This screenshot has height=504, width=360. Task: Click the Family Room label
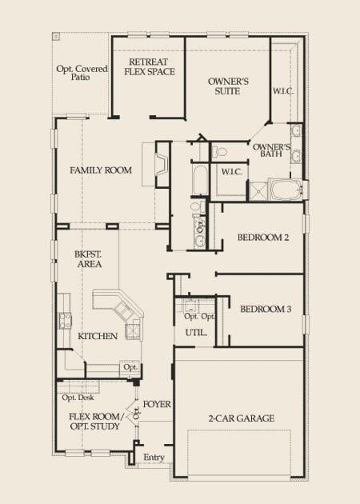(100, 170)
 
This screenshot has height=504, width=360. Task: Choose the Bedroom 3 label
(265, 310)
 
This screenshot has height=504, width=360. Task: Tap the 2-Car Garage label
(241, 418)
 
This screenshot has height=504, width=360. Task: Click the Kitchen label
(98, 336)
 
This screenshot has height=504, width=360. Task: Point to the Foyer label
(158, 404)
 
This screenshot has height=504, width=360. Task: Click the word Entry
(153, 458)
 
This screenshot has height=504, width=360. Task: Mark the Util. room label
(196, 330)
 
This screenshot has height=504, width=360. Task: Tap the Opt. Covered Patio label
(81, 74)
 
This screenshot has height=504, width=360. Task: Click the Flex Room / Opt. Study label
(94, 422)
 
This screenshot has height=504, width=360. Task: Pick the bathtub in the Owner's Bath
(285, 190)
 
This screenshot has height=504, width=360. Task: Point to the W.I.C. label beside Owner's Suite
(282, 91)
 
